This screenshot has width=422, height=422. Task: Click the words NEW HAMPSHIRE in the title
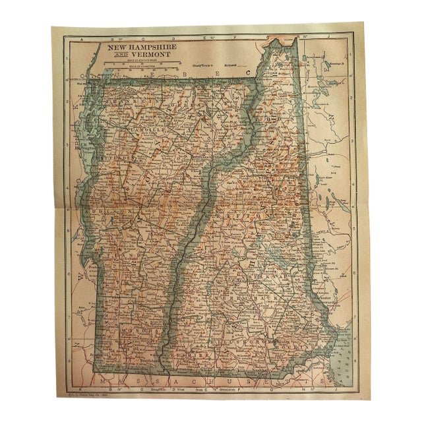(x=138, y=48)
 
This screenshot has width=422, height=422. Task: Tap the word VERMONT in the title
(x=147, y=55)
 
